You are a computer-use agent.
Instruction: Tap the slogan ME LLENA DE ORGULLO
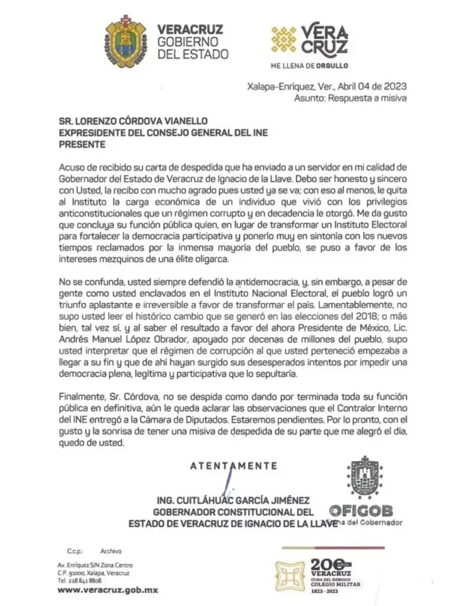coord(309,66)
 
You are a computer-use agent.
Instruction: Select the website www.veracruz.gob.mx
coord(107,590)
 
